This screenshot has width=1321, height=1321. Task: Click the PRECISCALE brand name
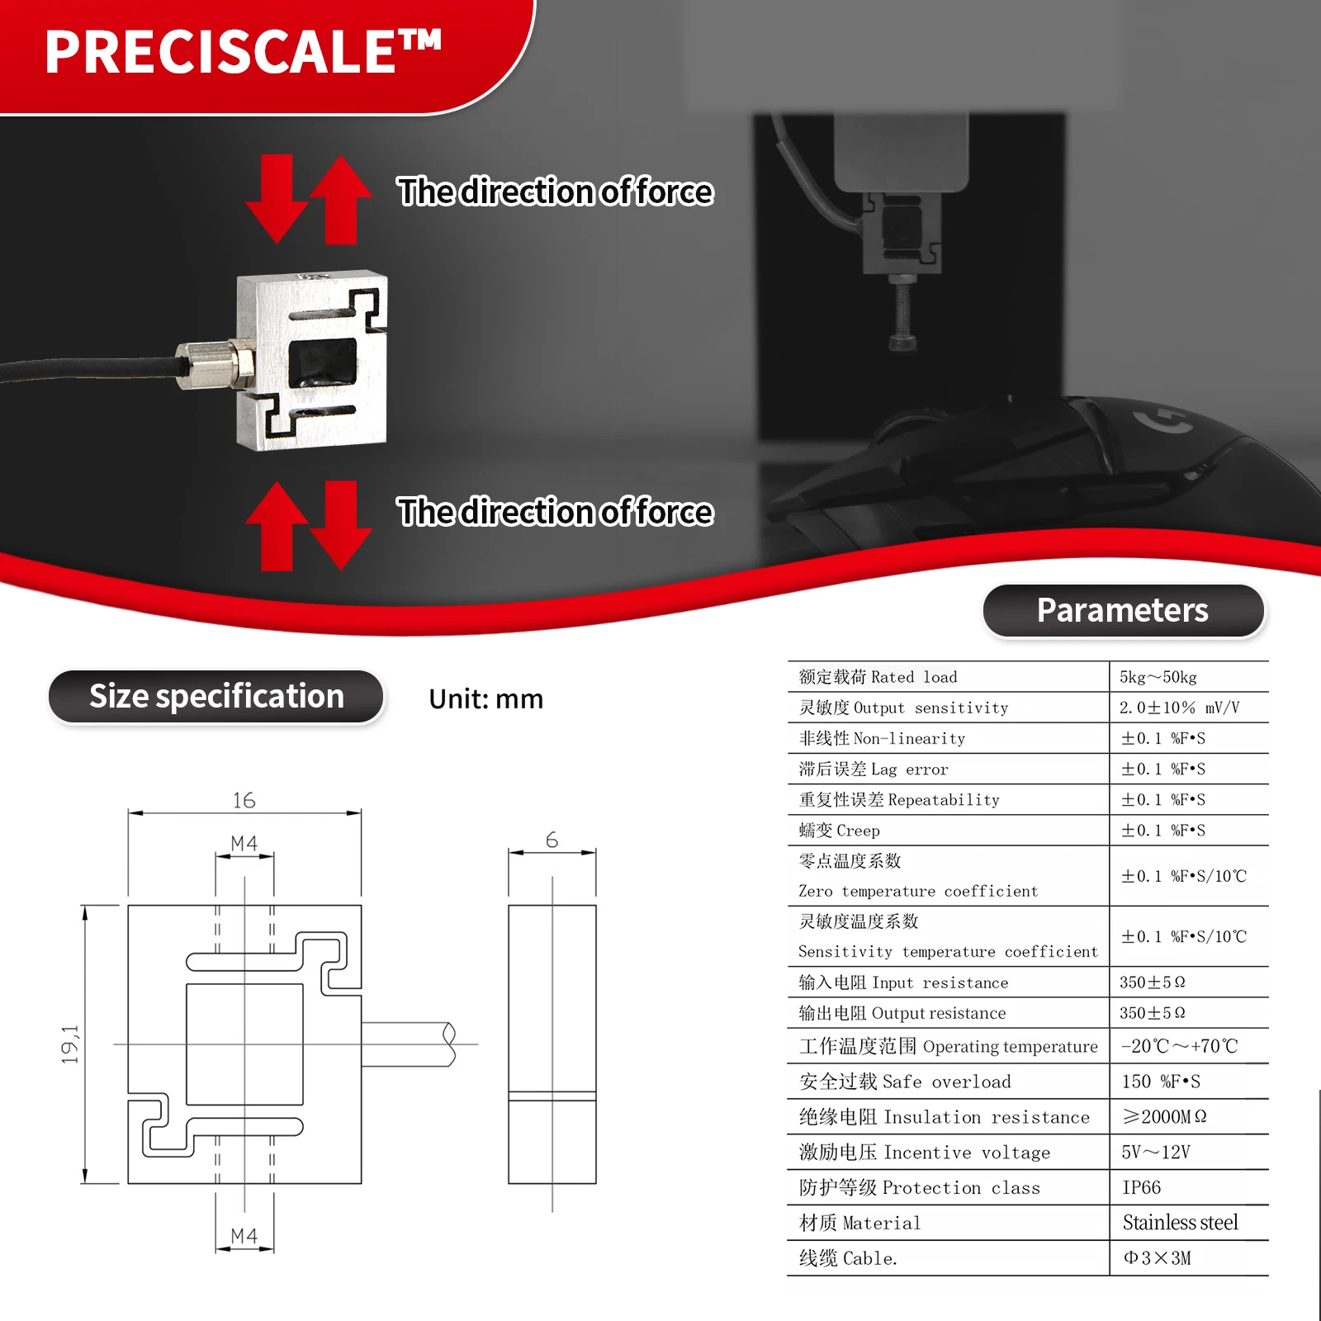click(x=244, y=52)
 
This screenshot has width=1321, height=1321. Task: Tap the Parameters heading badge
click(x=1122, y=610)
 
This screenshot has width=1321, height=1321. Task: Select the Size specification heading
click(x=216, y=697)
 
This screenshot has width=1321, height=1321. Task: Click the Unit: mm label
click(x=485, y=699)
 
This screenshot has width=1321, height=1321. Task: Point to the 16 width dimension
click(x=244, y=800)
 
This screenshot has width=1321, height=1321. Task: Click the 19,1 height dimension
click(x=70, y=1044)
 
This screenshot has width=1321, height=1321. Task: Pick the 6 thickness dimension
click(x=552, y=840)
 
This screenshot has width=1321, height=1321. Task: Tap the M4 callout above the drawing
click(x=244, y=843)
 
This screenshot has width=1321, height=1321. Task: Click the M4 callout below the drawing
click(x=244, y=1236)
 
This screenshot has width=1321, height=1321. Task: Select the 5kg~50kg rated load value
click(x=1158, y=677)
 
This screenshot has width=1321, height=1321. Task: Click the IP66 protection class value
click(x=1141, y=1187)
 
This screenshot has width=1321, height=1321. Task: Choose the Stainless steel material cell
click(x=1180, y=1223)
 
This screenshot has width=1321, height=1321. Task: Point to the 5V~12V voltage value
click(x=1155, y=1152)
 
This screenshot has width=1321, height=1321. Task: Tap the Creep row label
click(x=839, y=831)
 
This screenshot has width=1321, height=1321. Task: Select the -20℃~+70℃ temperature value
click(x=1179, y=1046)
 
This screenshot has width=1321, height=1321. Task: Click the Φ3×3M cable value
click(x=1157, y=1258)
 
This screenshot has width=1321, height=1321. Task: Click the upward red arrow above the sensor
click(x=340, y=200)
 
